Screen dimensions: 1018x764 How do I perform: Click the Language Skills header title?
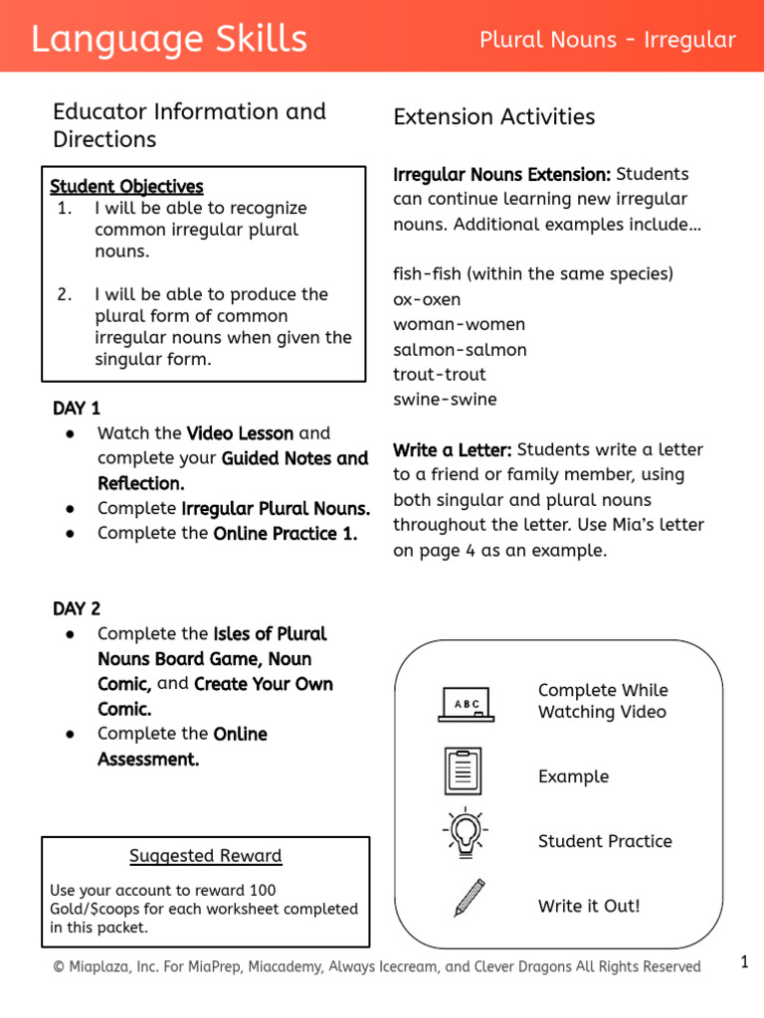[169, 40]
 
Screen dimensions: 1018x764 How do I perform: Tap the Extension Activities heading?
[494, 117]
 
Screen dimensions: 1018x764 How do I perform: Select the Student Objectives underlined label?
[126, 186]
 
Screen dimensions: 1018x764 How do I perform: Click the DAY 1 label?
[77, 409]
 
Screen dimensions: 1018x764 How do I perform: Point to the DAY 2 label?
[77, 608]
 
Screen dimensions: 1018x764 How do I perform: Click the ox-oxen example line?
[427, 299]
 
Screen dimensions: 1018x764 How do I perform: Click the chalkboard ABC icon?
[466, 703]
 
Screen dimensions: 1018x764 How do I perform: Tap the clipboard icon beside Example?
[464, 771]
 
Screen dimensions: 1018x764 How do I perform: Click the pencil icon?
[470, 897]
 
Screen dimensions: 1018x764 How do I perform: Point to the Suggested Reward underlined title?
[206, 856]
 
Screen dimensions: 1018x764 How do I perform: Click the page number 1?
[743, 961]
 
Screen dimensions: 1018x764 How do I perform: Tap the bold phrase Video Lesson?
[240, 433]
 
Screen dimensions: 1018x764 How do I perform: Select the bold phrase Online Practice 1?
[286, 534]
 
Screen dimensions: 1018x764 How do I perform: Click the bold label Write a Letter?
[453, 449]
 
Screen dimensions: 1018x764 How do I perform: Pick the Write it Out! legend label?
[589, 906]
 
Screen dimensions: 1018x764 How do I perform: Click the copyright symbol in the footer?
[59, 967]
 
